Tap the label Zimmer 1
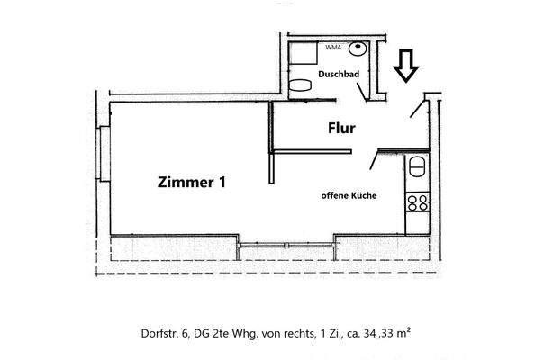[x=190, y=182]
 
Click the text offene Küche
[x=349, y=195]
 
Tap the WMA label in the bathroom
[x=333, y=46]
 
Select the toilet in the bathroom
[x=302, y=86]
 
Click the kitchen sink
[x=417, y=167]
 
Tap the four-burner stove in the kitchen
[x=417, y=203]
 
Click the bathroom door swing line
[x=363, y=89]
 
